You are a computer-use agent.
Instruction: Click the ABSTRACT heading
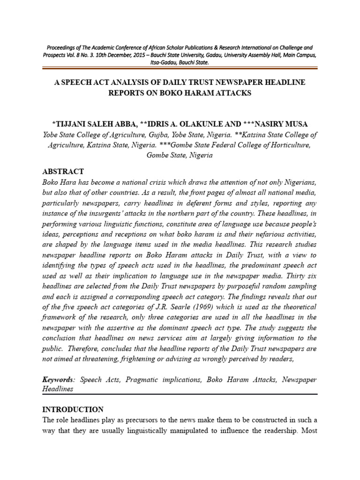coord(63,172)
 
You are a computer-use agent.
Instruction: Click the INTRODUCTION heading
coord(73,409)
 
